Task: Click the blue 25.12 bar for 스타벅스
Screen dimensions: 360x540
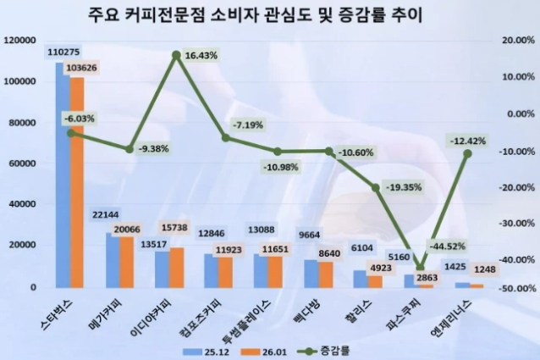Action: (x=61, y=174)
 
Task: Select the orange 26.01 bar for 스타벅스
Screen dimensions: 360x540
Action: (x=76, y=182)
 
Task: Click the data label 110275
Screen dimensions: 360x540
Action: (x=64, y=53)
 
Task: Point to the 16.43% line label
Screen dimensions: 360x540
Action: (x=201, y=55)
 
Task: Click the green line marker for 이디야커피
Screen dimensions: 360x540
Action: (x=176, y=55)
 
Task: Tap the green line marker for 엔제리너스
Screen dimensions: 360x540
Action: (x=466, y=153)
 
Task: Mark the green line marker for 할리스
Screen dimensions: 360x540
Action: (x=375, y=187)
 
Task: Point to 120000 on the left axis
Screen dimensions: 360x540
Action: (x=19, y=40)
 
